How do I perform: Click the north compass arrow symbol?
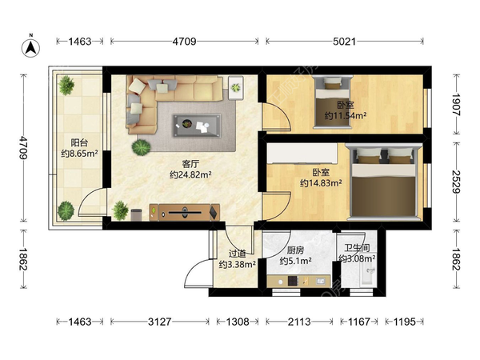30,47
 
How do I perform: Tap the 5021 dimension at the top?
344,42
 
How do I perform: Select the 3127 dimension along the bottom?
159,322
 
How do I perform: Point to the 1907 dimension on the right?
456,104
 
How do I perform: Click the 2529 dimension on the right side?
456,182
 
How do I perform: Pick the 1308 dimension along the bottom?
238,322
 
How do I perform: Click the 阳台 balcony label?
79,142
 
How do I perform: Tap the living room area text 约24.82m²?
190,174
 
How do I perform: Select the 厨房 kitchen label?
295,250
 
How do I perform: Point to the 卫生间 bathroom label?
357,248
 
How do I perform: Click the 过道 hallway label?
238,254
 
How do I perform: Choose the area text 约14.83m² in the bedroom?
321,183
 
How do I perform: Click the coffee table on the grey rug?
197,126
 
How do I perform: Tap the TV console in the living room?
185,212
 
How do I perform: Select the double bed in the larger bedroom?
383,182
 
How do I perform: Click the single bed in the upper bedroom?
332,102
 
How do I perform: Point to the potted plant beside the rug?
141,147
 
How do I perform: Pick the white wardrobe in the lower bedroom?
302,153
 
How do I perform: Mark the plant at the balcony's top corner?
66,86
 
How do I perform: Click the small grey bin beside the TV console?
136,214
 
